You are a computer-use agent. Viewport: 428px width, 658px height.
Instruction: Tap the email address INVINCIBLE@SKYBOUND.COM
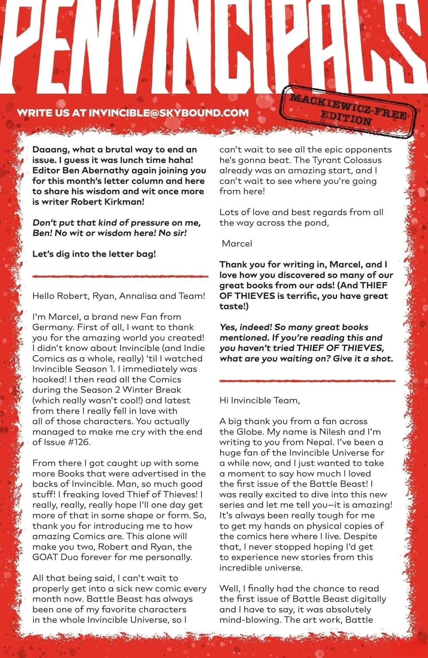click(x=168, y=113)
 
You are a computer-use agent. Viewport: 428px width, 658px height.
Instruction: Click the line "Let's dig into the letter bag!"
click(x=94, y=254)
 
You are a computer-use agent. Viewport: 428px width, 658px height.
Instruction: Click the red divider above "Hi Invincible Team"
click(x=307, y=381)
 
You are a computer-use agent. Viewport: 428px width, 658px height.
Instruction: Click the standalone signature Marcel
click(x=237, y=244)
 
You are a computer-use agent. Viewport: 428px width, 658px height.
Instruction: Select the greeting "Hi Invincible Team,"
click(x=259, y=400)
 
